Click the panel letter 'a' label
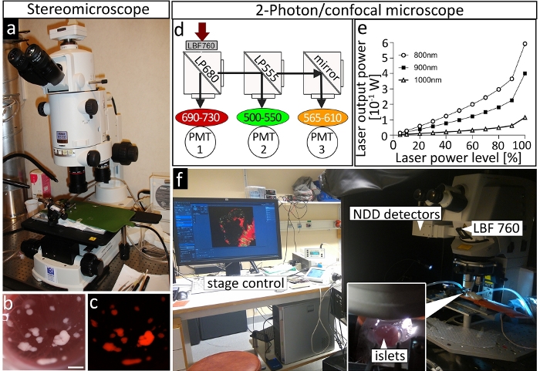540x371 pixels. point(11,32)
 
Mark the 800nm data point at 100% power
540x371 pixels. point(525,44)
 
